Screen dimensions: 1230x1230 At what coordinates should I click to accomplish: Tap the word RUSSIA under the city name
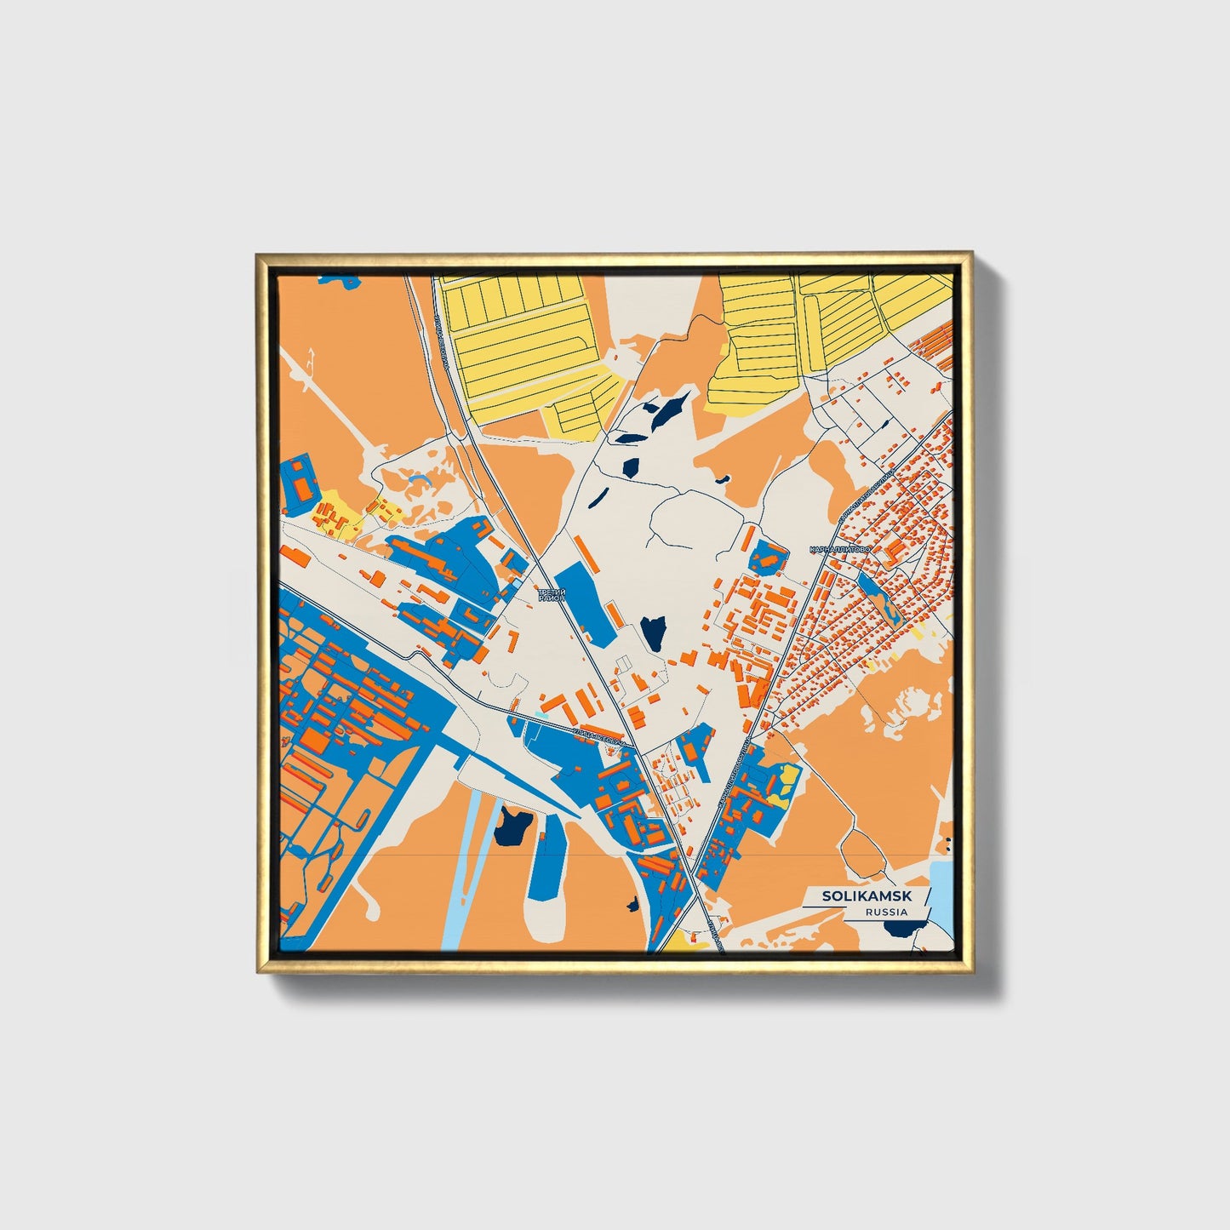[885, 912]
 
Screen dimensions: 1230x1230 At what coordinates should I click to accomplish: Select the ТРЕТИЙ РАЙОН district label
[551, 595]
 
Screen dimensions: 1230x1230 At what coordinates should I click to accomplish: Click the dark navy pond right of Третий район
[653, 632]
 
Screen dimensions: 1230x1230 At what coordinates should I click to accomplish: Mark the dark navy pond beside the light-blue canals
[513, 825]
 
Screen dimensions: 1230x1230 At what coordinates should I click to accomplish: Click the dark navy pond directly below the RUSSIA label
[898, 928]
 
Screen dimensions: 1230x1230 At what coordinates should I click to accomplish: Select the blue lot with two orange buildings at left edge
[299, 483]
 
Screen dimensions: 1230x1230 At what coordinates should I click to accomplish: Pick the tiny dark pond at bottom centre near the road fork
[632, 904]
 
